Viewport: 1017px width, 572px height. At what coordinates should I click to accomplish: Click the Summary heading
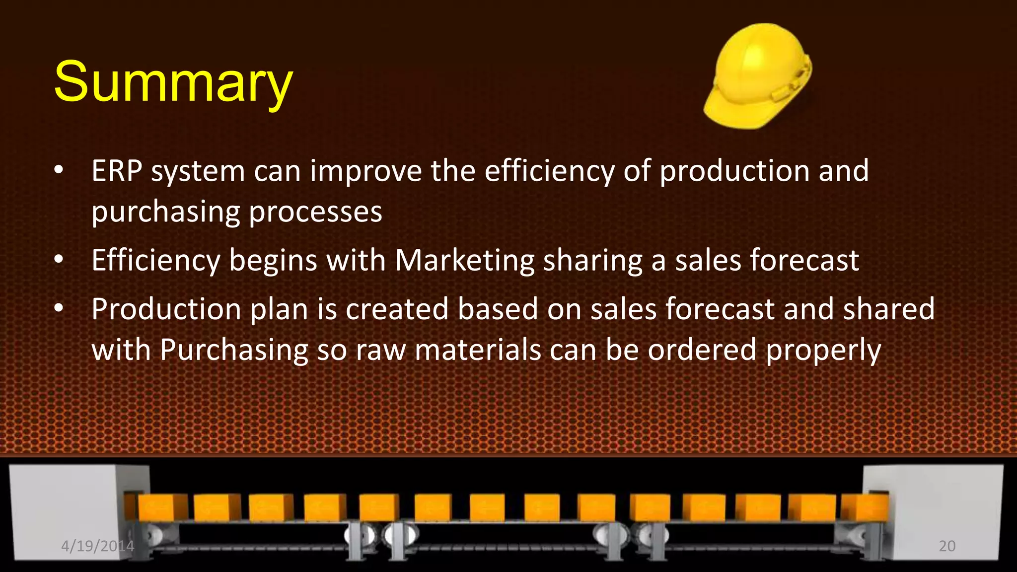173,82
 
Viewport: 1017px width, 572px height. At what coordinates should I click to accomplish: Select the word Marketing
464,260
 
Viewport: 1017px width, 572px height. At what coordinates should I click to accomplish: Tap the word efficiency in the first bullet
549,171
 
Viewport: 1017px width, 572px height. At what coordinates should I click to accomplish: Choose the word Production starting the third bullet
166,309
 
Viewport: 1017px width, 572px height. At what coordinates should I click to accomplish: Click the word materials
478,350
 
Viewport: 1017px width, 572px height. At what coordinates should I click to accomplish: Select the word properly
823,350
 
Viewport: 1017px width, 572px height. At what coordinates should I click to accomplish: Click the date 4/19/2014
97,546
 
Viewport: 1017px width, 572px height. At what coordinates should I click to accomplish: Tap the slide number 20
947,546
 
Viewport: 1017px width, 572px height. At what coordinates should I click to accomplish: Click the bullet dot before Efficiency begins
59,260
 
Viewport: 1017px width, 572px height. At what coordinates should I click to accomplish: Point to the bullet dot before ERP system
59,170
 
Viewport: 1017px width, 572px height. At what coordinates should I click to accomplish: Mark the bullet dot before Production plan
59,308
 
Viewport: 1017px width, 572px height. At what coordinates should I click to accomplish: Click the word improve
366,171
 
